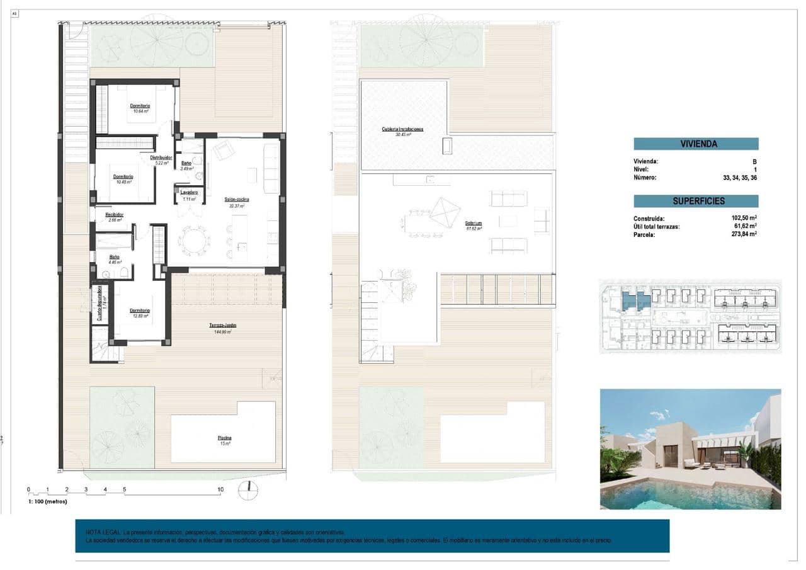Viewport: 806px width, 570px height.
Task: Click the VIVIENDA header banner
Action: tap(696, 144)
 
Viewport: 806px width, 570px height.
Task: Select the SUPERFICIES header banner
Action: tap(696, 201)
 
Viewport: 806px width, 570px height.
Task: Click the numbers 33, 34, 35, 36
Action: tap(740, 178)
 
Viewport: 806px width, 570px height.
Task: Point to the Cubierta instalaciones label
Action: tap(402, 129)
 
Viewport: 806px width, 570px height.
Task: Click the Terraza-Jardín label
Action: tap(222, 325)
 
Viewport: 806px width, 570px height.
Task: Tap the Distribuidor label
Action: tap(161, 157)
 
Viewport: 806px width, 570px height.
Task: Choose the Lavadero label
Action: tap(189, 192)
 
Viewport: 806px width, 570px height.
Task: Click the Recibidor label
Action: tap(115, 215)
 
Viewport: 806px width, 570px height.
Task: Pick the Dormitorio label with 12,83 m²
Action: tap(140, 311)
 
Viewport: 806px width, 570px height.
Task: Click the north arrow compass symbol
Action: tap(249, 490)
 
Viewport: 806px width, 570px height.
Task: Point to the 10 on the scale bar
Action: tap(220, 489)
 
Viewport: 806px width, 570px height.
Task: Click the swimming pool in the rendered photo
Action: tap(686, 494)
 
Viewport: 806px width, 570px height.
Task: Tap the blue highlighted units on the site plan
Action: tap(635, 300)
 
